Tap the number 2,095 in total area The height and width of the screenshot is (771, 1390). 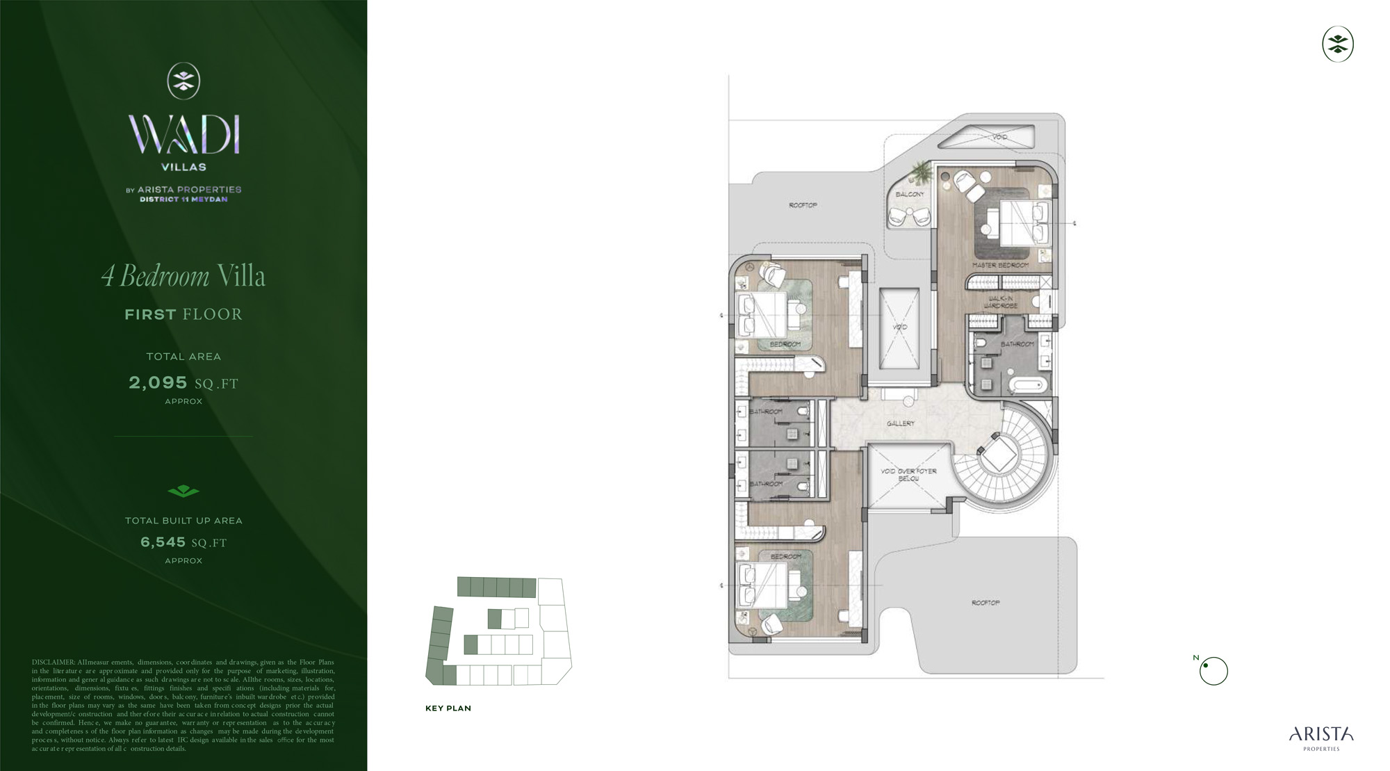(158, 382)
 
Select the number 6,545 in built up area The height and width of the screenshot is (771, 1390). (163, 542)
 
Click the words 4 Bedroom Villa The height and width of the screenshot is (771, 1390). (183, 276)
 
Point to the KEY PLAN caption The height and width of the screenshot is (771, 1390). (448, 708)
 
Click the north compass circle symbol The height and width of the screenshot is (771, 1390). (1213, 671)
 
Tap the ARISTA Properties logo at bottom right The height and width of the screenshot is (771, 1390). (1321, 738)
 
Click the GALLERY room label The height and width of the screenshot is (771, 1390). (901, 423)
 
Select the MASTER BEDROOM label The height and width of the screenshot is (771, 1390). (1000, 266)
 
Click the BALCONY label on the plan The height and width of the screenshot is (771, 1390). (910, 194)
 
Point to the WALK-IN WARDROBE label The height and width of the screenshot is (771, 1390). (1001, 302)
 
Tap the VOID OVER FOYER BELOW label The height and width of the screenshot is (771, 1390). (908, 474)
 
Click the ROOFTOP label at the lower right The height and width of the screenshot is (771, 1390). (986, 603)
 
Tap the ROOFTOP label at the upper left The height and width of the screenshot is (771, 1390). (803, 205)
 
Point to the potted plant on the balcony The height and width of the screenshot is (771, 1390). (921, 171)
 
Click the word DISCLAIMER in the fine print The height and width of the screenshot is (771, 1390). (53, 663)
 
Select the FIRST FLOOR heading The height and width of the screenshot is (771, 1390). (183, 314)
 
